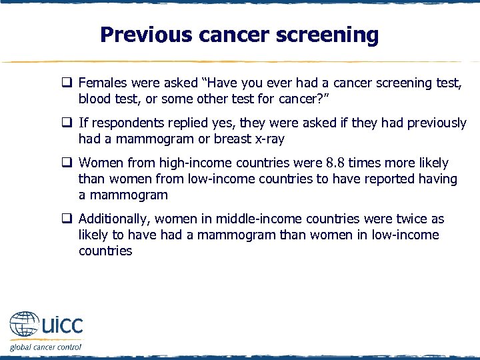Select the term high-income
(x=194, y=163)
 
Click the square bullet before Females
(x=67, y=84)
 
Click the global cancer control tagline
(x=45, y=347)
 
